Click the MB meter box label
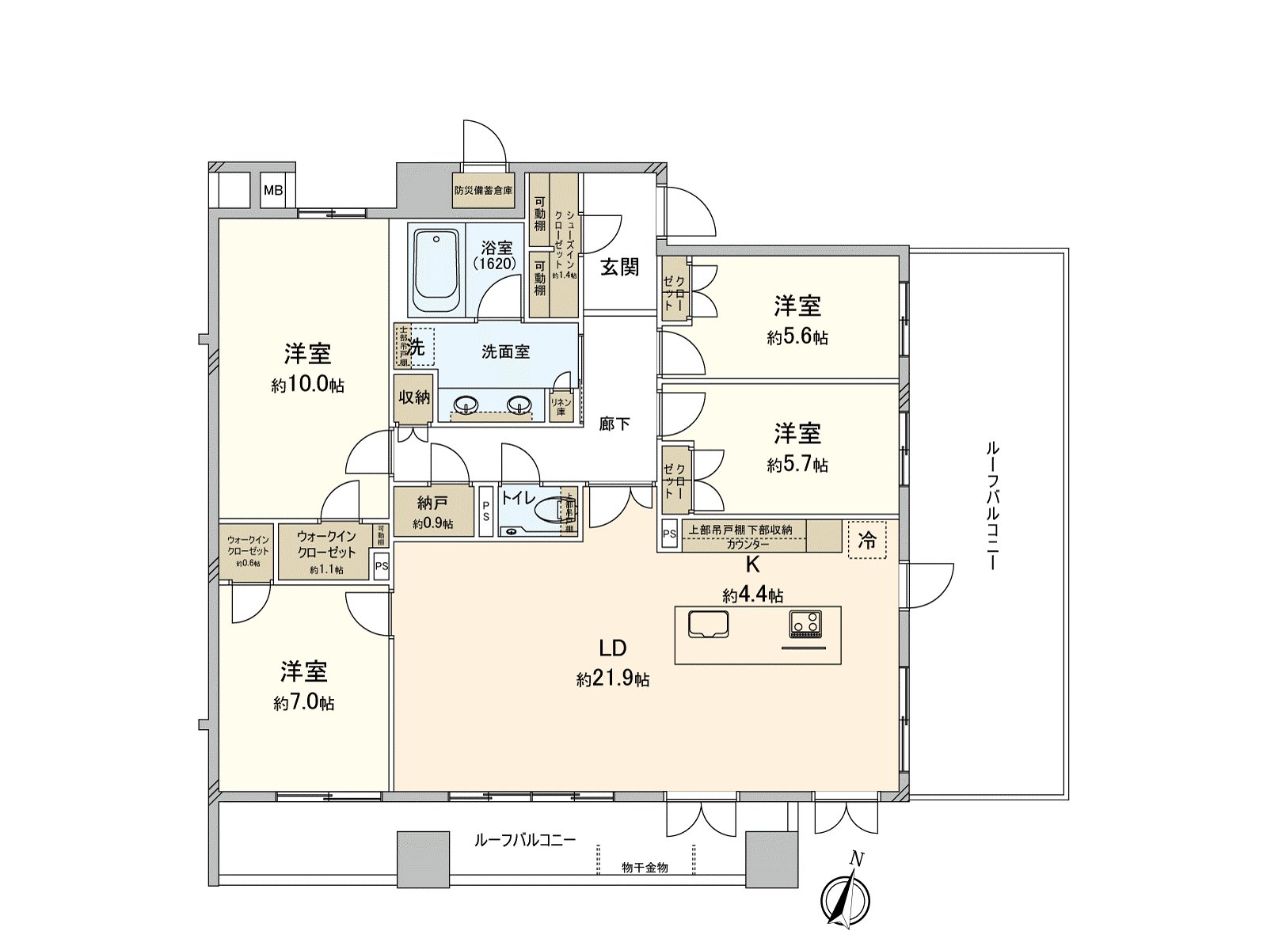click(x=273, y=191)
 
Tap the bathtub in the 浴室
click(x=436, y=273)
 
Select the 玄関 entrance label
click(x=619, y=267)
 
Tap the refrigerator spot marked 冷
click(x=867, y=541)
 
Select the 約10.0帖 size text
click(x=307, y=386)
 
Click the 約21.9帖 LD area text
click(x=613, y=679)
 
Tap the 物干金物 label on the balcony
click(x=645, y=868)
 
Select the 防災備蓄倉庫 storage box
click(x=483, y=191)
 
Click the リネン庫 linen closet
click(x=561, y=407)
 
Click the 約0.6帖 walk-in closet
click(x=249, y=552)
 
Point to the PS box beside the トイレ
click(x=486, y=511)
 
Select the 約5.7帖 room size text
click(x=797, y=465)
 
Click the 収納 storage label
click(x=414, y=397)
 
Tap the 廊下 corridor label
click(x=614, y=424)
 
